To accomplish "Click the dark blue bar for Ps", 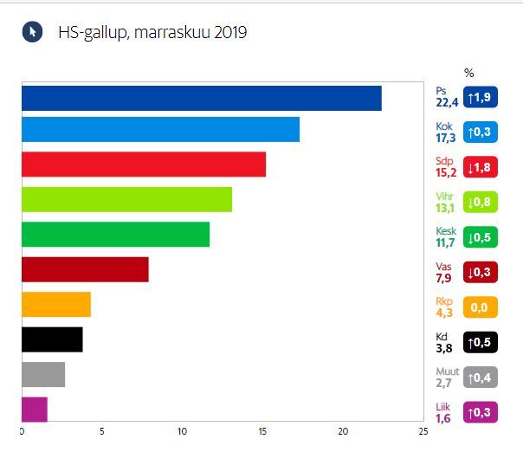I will coord(201,99).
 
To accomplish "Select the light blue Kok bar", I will coord(160,129).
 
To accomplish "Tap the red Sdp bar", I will coord(143,165).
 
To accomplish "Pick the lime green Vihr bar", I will coord(126,200).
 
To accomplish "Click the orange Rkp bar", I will coord(55,305).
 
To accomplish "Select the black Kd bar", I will coord(52,339).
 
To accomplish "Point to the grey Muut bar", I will coord(43,375).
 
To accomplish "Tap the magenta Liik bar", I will coord(35,410).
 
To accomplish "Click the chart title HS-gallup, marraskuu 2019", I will coord(152,33).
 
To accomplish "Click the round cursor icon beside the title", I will coord(31,32).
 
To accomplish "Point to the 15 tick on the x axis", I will coord(262,431).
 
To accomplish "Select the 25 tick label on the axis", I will coord(422,431).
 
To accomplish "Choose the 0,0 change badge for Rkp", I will coord(481,307).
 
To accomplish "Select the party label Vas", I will coord(442,267).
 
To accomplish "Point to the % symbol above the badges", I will coord(469,73).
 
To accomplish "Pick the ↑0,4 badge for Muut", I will coord(481,378).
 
